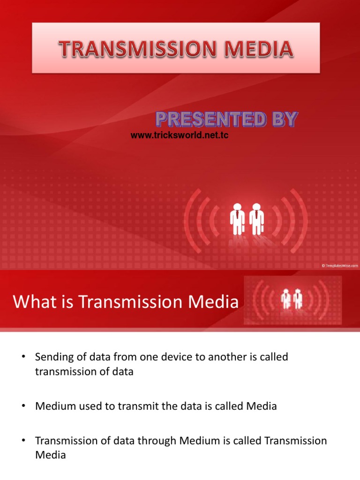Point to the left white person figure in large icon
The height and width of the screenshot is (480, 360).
(x=237, y=218)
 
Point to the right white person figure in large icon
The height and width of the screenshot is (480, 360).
(x=256, y=218)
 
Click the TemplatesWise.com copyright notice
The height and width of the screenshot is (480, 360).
(x=339, y=265)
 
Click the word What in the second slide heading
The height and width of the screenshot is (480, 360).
(x=31, y=302)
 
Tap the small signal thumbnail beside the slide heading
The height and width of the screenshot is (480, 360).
(x=292, y=300)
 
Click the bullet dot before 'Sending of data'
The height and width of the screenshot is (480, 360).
(x=22, y=357)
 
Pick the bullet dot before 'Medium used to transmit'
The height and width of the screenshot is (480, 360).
(x=22, y=406)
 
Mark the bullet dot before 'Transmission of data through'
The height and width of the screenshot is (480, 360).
(x=22, y=441)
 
